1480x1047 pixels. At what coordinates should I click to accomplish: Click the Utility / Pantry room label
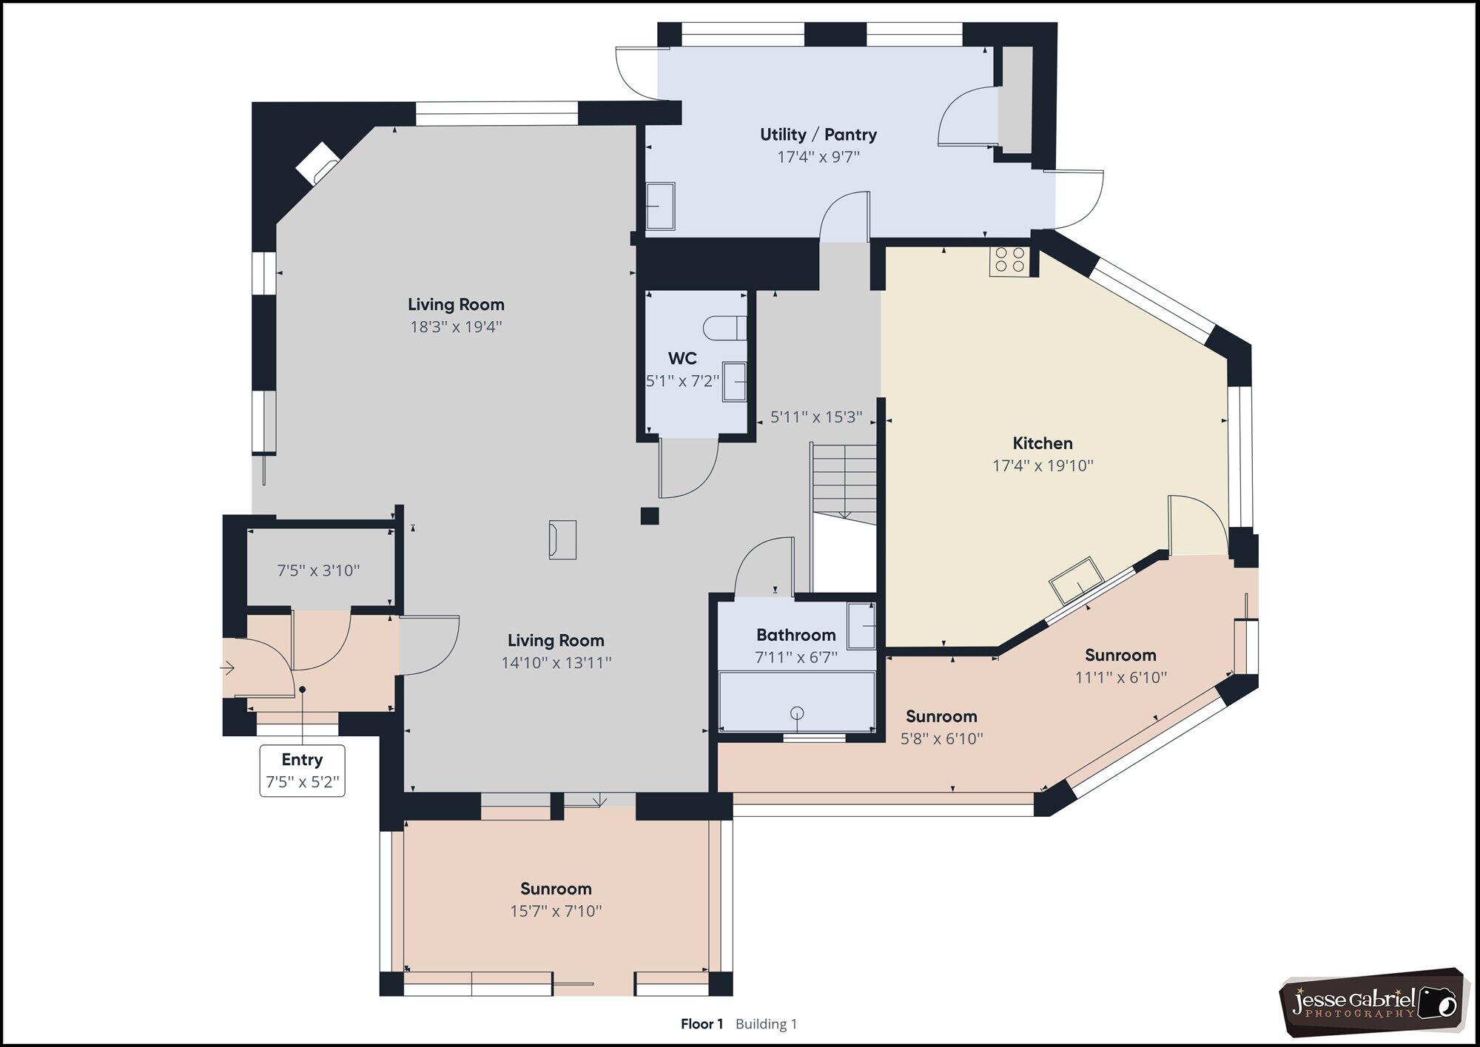818,135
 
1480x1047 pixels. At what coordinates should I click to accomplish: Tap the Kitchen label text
1043,443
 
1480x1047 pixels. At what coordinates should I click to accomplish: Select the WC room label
682,359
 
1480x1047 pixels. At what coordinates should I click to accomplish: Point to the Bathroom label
796,635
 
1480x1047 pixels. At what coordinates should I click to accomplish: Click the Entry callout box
303,770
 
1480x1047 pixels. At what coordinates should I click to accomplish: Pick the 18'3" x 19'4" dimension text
457,326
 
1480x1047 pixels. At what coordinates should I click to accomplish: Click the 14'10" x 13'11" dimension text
556,662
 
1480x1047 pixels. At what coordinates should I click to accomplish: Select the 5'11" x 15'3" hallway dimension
816,417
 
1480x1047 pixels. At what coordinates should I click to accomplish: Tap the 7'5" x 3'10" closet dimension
319,570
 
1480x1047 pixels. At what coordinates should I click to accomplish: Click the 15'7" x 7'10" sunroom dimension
556,911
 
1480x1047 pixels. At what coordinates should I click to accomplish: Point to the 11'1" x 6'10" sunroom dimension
1121,677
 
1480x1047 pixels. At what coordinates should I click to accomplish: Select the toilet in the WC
725,328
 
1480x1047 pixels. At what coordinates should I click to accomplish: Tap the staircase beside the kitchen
844,481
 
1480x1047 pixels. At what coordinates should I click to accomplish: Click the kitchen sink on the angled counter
1076,580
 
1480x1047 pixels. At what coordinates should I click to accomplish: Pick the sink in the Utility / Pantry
661,206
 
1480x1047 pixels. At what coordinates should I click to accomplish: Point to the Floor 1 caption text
702,1024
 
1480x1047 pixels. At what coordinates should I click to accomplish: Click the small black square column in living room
650,516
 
